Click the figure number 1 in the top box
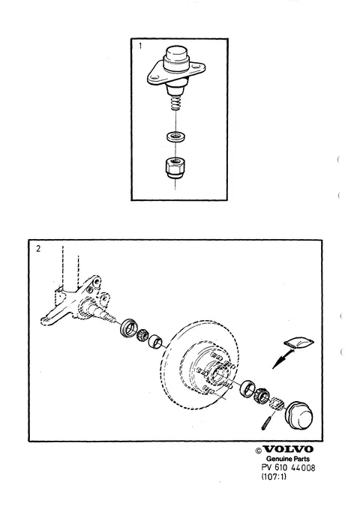click(x=140, y=46)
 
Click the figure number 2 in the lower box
click(x=38, y=249)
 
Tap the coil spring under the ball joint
click(x=175, y=103)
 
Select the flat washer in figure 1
click(x=175, y=136)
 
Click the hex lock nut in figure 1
click(x=175, y=166)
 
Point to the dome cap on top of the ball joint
click(x=176, y=58)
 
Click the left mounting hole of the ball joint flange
click(x=154, y=77)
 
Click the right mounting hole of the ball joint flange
click(x=196, y=67)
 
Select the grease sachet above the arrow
click(x=299, y=343)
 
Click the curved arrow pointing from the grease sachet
click(x=282, y=358)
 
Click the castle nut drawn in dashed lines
click(x=277, y=404)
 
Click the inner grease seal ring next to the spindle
click(x=127, y=328)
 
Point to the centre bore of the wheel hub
click(x=217, y=373)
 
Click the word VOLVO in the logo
click(x=288, y=449)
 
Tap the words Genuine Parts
click(x=288, y=459)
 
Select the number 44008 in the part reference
click(x=303, y=468)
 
